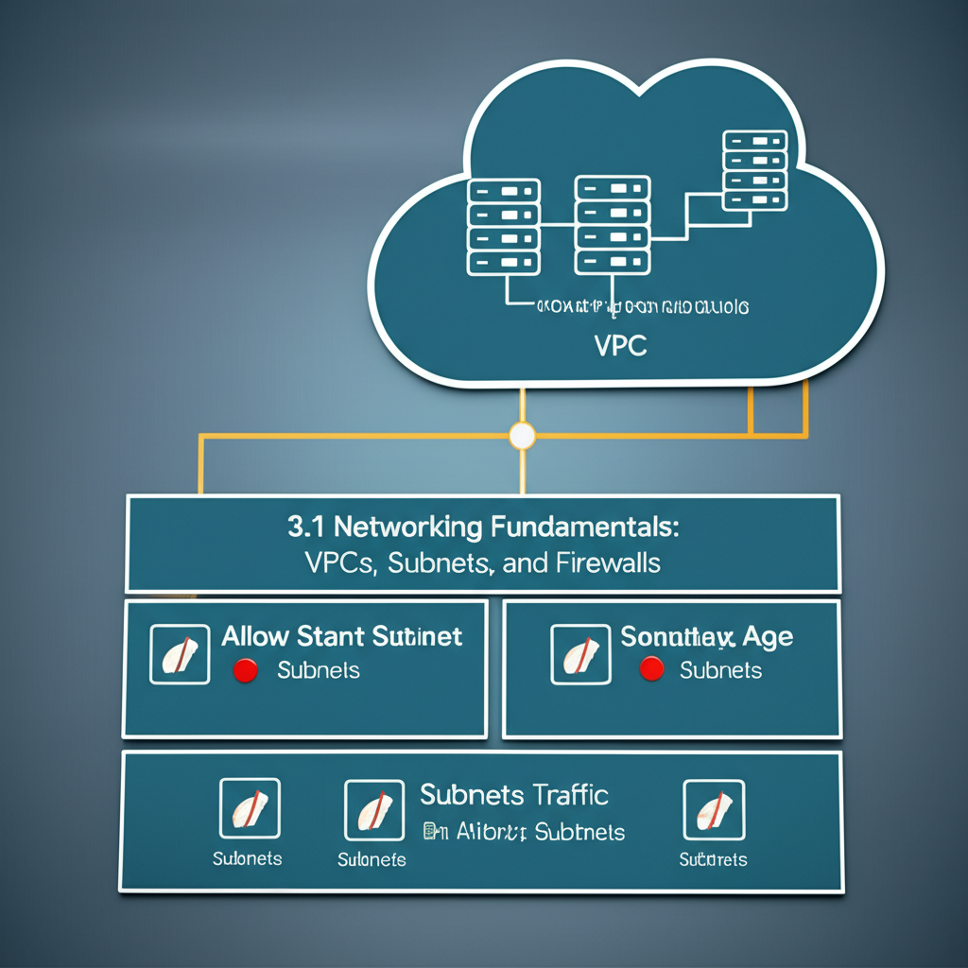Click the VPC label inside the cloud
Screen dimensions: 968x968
click(x=621, y=346)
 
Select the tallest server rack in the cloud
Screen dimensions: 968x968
click(x=753, y=170)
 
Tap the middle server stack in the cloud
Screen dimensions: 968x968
click(x=612, y=224)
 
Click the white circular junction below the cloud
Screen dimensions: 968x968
click(x=522, y=436)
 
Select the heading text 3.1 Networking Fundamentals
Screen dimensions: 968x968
click(x=483, y=527)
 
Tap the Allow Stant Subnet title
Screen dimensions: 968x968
click(x=341, y=635)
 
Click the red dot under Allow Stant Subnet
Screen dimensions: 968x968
click(x=245, y=671)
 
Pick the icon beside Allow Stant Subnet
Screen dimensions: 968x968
click(x=180, y=654)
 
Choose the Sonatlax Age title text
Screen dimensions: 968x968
click(x=706, y=636)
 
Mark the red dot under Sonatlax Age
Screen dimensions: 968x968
click(x=650, y=670)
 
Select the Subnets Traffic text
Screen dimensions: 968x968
click(x=513, y=794)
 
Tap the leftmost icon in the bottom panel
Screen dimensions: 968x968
click(x=250, y=808)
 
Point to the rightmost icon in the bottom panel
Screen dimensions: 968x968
click(x=714, y=809)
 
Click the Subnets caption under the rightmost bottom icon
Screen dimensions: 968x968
click(x=713, y=859)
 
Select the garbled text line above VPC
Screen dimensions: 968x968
click(x=642, y=307)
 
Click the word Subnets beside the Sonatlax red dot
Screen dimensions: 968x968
click(x=720, y=670)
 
